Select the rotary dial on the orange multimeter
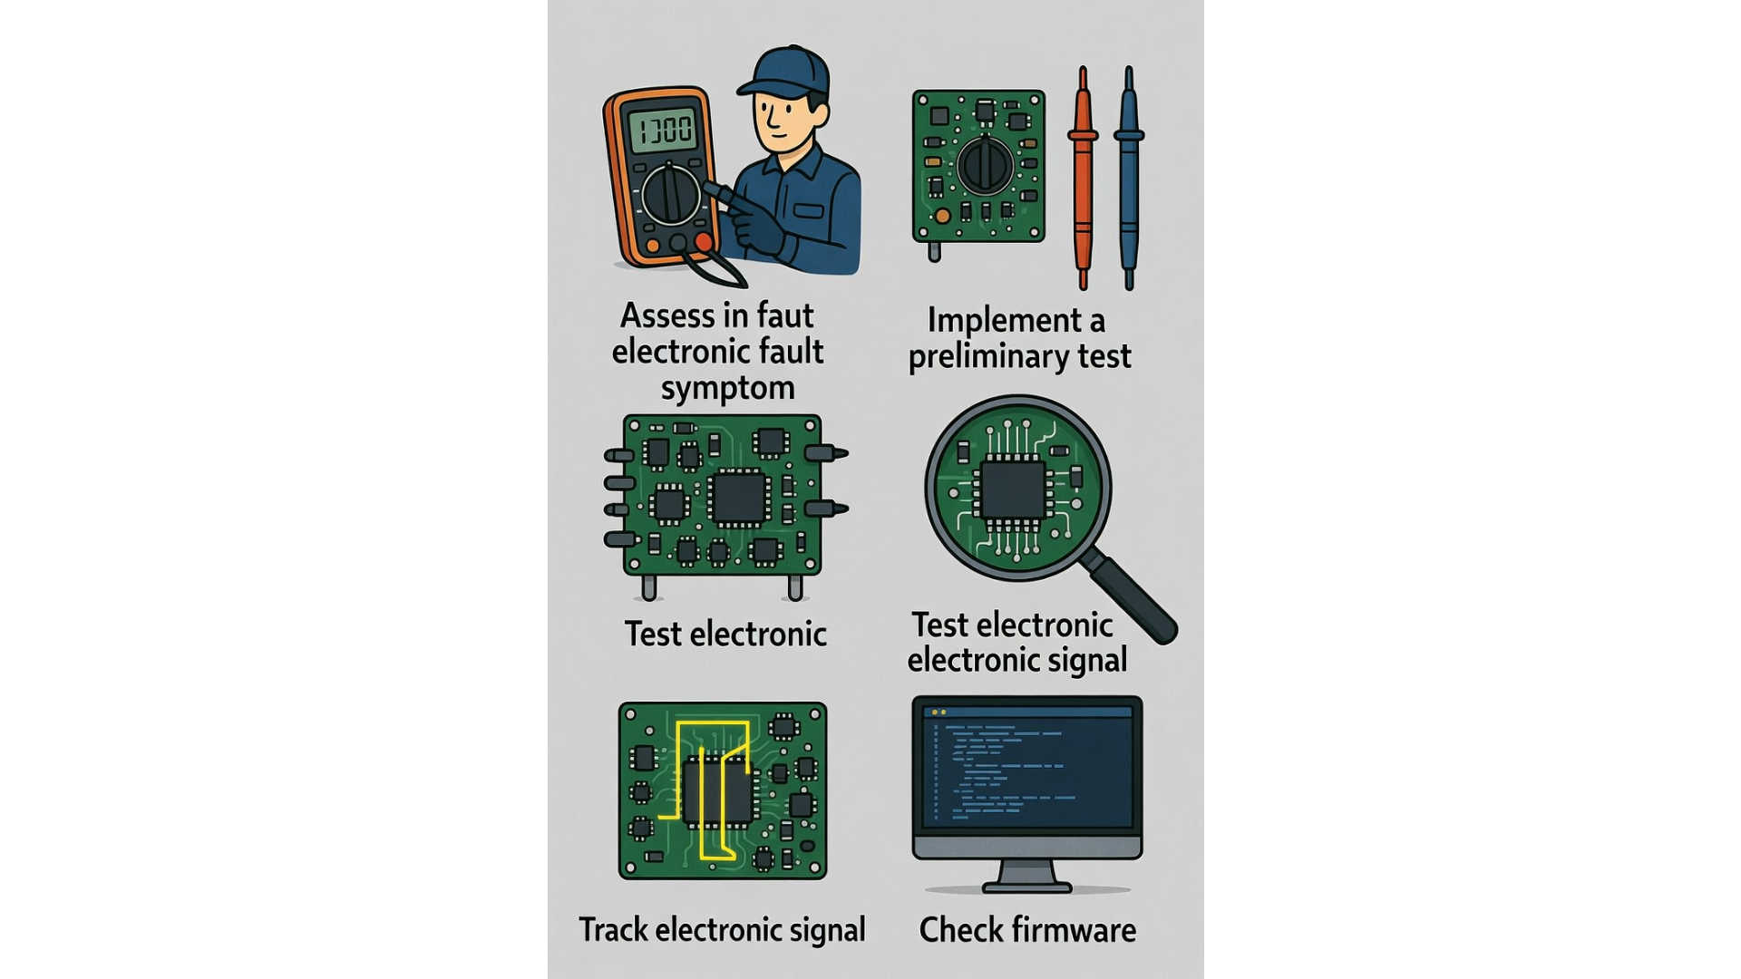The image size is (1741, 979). click(671, 193)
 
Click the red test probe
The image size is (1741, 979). click(1083, 177)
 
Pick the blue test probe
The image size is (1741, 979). click(1129, 177)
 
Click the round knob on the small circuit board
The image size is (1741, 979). click(985, 166)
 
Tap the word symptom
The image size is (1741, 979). click(727, 388)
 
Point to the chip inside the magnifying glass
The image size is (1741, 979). click(1014, 489)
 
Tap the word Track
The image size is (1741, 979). click(613, 930)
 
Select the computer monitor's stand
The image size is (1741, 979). click(1027, 876)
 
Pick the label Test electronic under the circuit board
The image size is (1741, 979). click(725, 634)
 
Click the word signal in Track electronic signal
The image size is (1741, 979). click(826, 931)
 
